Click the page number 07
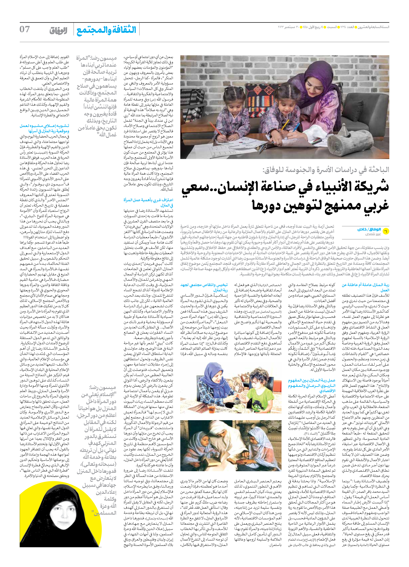click(x=25, y=29)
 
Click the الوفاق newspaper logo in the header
click(x=58, y=31)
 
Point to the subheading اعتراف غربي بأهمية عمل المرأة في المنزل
click(x=148, y=203)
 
